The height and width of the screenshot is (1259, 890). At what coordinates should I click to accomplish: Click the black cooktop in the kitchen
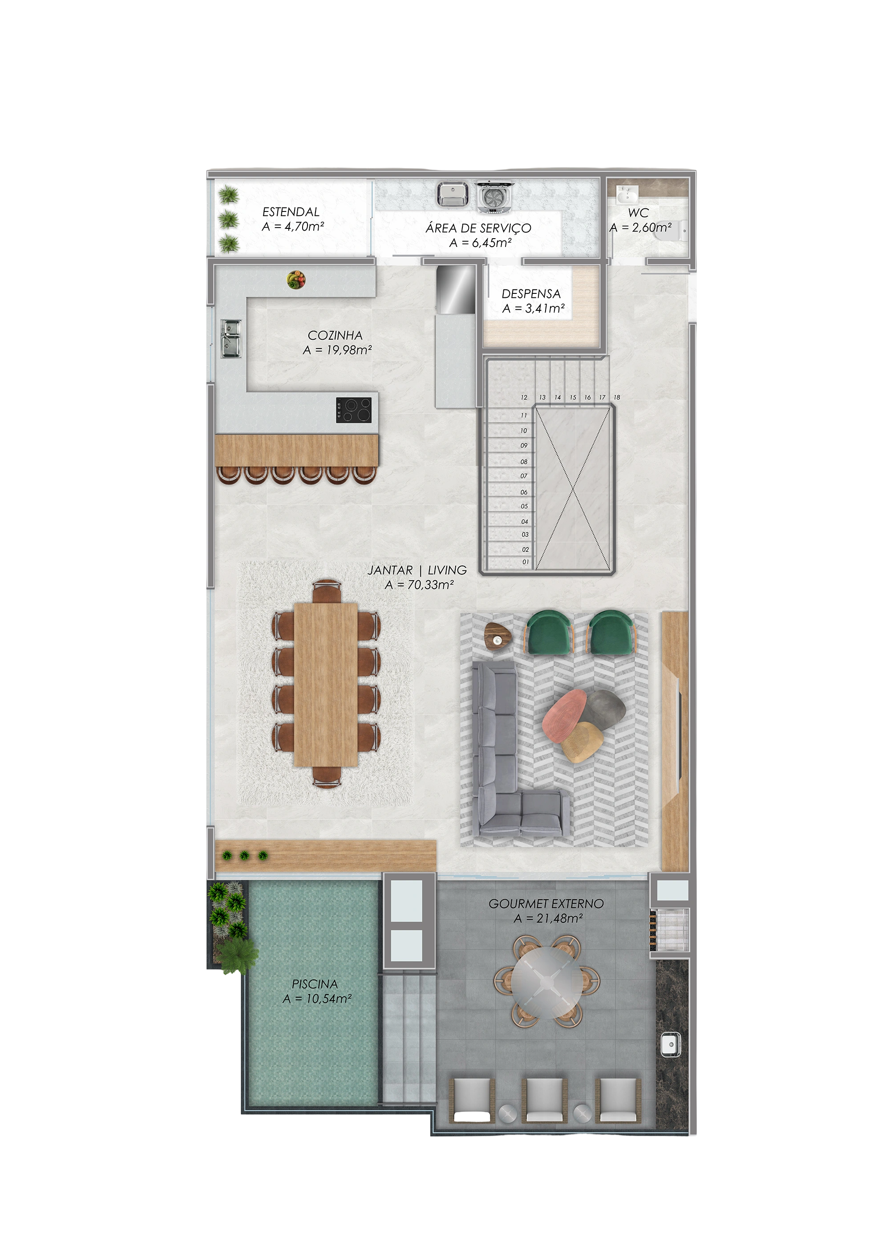[x=353, y=410]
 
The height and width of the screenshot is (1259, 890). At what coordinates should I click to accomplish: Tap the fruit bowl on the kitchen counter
[x=296, y=280]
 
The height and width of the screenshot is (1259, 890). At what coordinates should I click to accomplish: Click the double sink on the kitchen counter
[x=231, y=338]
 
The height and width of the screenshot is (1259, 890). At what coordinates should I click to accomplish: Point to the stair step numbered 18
[x=616, y=397]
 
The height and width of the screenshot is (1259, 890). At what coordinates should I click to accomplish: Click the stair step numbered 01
[x=525, y=562]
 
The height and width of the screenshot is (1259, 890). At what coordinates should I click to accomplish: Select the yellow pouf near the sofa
[x=582, y=741]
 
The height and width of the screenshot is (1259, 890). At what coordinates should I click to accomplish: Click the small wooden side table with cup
[x=498, y=637]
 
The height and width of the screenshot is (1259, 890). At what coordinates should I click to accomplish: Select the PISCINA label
[x=315, y=984]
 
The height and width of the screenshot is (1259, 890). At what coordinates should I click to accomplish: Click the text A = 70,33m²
[x=419, y=585]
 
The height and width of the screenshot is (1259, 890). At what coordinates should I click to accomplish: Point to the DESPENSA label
[x=531, y=294]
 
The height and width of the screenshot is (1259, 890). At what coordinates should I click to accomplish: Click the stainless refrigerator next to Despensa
[x=455, y=289]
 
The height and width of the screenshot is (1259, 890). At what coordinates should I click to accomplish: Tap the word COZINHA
[x=335, y=335]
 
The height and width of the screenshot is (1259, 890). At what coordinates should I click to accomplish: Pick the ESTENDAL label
[x=291, y=211]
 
